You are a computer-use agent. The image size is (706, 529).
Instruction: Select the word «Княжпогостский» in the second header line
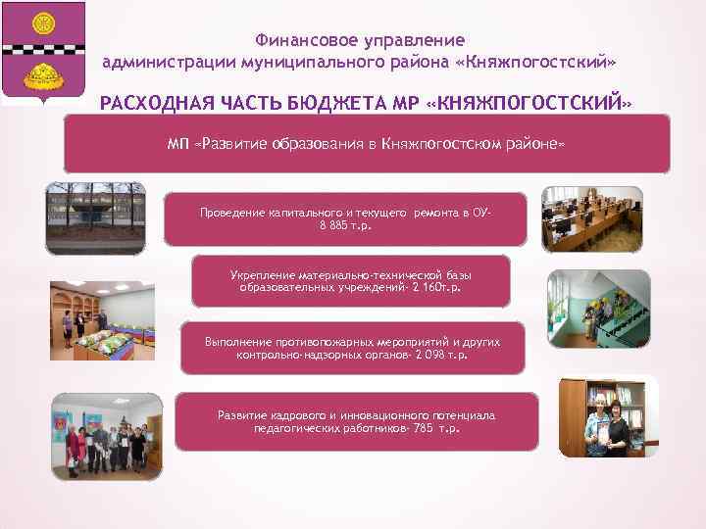pos(538,62)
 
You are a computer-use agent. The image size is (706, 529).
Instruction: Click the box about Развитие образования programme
pos(366,143)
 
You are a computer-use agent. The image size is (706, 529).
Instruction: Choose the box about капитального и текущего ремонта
pos(343,218)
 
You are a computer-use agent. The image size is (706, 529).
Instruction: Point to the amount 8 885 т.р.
pos(345,225)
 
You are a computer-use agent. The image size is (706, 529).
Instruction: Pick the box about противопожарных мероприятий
pos(352,348)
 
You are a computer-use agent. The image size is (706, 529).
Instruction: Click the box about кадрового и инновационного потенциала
pos(356,421)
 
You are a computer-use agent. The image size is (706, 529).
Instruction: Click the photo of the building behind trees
pos(95,216)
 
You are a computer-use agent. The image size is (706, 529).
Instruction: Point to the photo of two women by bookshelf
pos(603,422)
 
